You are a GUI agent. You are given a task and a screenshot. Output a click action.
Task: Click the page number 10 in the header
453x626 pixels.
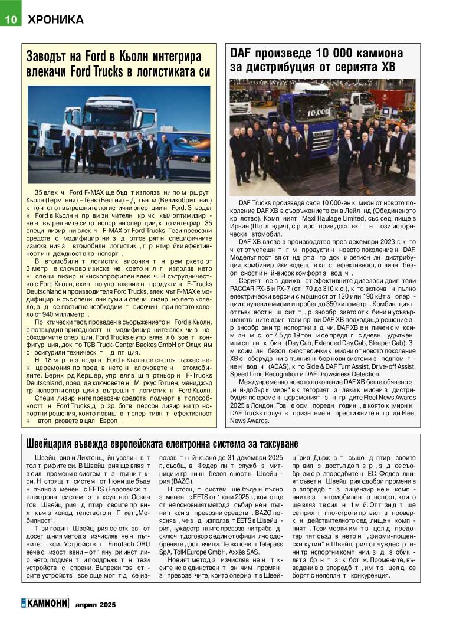pyautogui.click(x=10, y=19)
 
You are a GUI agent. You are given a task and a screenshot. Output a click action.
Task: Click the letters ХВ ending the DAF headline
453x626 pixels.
pyautogui.click(x=387, y=68)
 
